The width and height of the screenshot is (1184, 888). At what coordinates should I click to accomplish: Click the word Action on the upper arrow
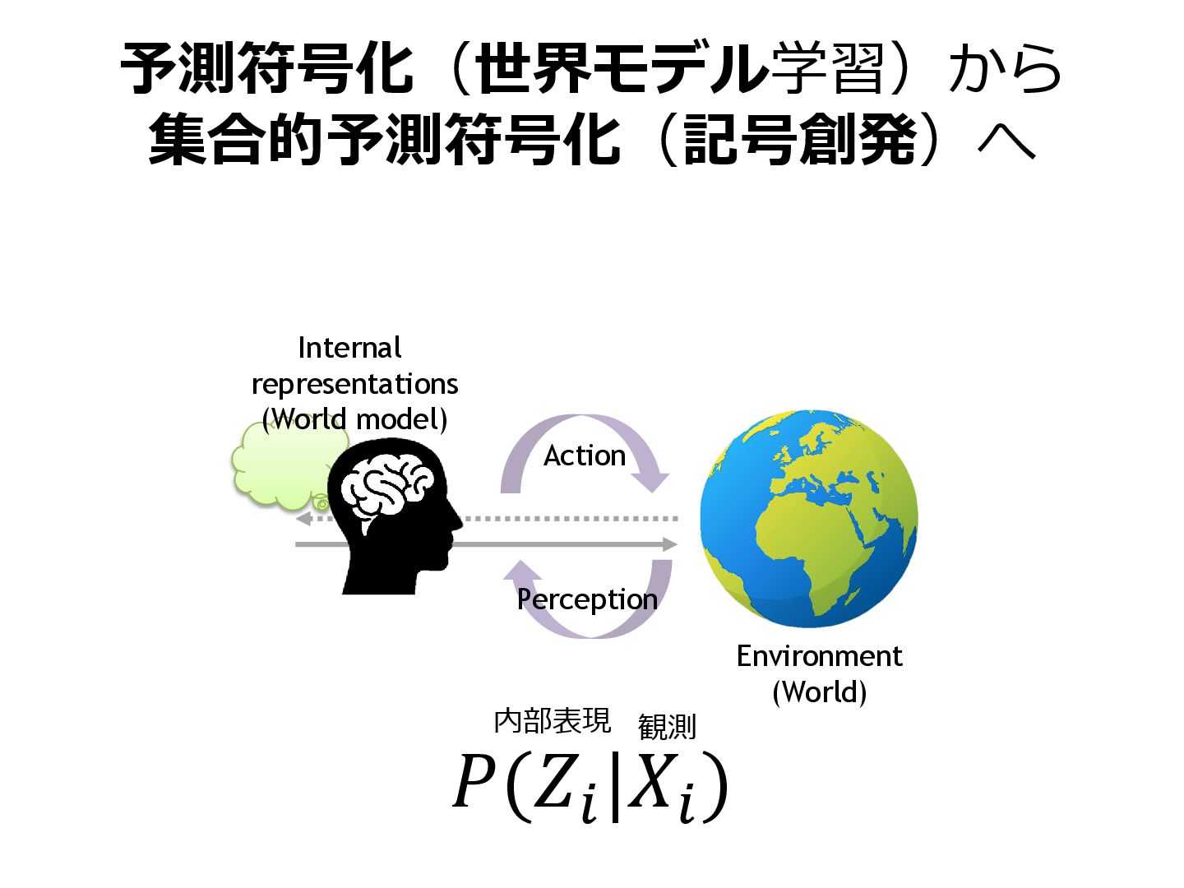(x=585, y=456)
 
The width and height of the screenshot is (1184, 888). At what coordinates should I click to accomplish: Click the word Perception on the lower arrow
(x=587, y=599)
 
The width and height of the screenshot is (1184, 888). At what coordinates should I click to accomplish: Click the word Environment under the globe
(x=819, y=656)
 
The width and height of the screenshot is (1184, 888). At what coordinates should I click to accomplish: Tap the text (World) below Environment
(x=819, y=691)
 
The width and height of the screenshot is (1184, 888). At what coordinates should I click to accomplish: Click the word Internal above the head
(x=349, y=348)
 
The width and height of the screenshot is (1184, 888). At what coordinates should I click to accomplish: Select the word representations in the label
(x=354, y=384)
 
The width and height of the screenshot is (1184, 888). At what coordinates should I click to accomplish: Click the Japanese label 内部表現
(x=553, y=721)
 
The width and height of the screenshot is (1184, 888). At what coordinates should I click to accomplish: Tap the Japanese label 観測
(x=667, y=727)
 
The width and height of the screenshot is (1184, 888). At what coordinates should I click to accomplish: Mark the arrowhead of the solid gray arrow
(x=670, y=544)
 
